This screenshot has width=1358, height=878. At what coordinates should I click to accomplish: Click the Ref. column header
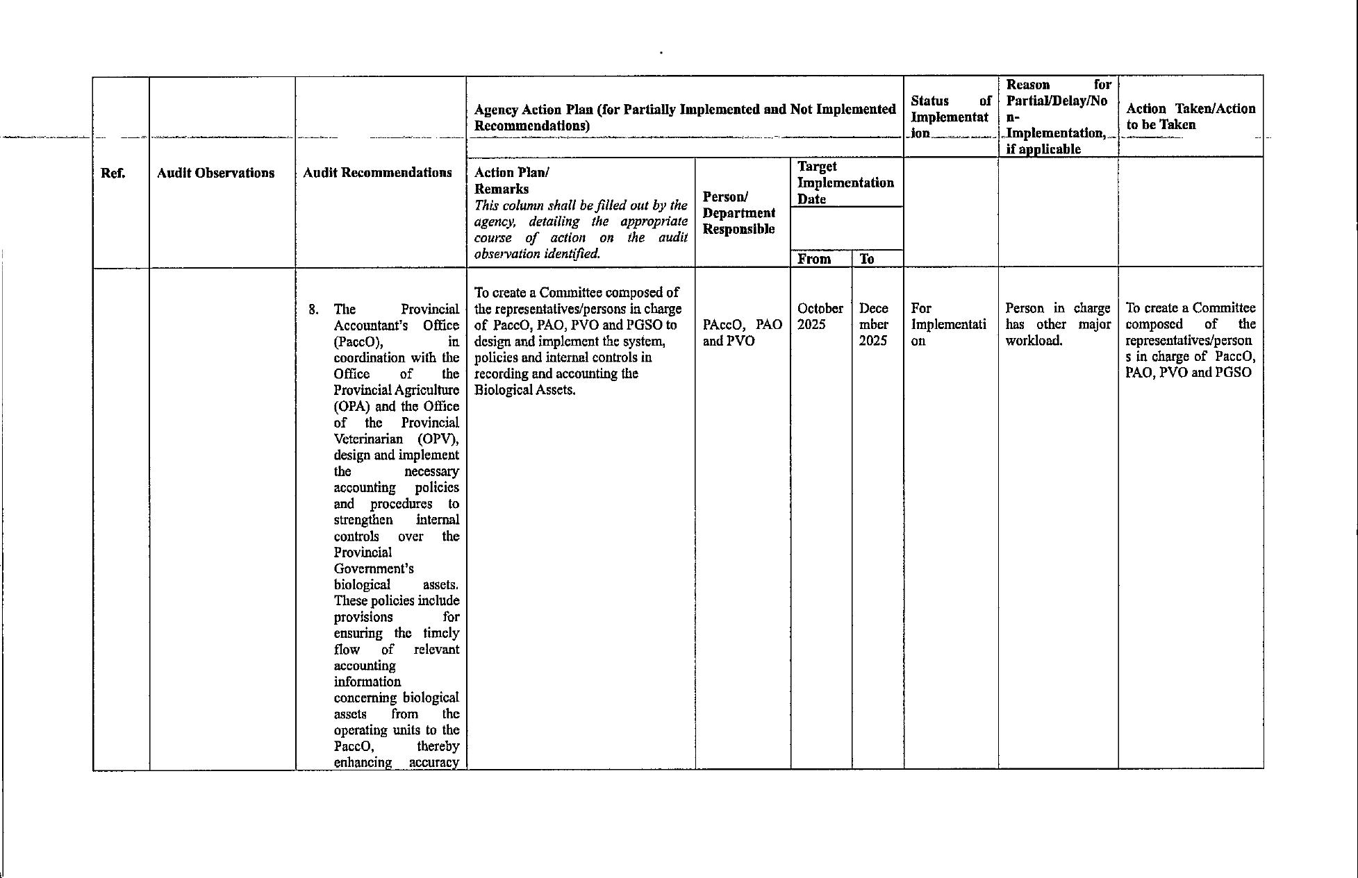tap(113, 174)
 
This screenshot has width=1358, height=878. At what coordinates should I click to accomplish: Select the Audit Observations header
tap(215, 174)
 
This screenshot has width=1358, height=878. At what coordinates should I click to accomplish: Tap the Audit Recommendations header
tap(377, 173)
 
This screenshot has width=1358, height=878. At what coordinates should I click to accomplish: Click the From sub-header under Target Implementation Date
tap(814, 259)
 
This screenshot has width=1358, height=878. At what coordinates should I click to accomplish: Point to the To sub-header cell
tap(867, 259)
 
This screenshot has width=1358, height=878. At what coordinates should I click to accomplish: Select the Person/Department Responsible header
tap(738, 213)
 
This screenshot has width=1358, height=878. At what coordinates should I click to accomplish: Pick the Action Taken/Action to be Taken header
tap(1191, 117)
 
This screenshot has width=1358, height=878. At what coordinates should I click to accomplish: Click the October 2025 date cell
tap(820, 316)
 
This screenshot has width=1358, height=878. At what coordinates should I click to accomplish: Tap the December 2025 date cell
tap(873, 324)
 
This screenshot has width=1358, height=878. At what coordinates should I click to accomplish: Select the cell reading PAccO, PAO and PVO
tap(742, 332)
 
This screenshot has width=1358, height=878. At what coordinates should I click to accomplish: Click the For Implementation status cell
tap(948, 324)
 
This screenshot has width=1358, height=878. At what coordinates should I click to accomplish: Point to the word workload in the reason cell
tap(1034, 341)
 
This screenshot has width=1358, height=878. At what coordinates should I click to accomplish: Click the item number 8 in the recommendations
tap(313, 310)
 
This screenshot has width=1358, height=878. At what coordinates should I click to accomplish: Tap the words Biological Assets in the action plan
tap(524, 390)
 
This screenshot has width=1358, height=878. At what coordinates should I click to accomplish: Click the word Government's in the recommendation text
tap(374, 569)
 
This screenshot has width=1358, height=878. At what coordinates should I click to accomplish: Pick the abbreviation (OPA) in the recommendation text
tap(352, 407)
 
